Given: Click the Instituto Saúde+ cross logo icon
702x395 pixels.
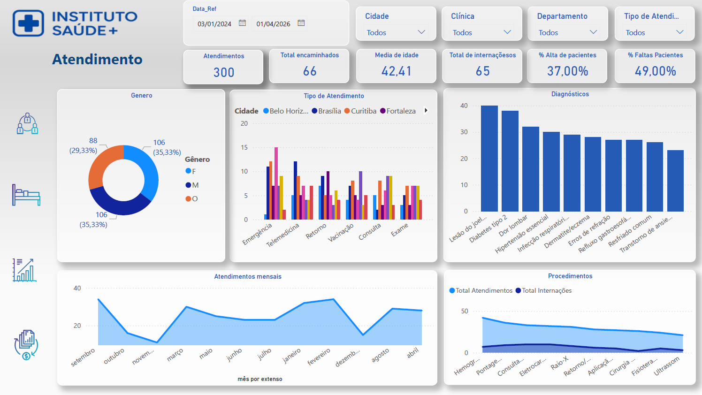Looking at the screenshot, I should pos(28,23).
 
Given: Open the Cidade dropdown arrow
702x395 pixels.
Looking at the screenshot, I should pos(421,32).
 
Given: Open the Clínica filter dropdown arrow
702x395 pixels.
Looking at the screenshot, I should pos(507,32).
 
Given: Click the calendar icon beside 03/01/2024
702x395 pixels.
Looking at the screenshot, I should pos(242,23).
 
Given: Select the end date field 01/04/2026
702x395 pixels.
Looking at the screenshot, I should pos(273,24).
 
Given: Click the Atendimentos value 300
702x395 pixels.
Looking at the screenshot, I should pos(224,72).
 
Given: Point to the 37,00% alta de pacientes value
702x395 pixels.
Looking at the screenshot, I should pos(567,71).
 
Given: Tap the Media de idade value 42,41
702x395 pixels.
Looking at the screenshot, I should pos(397,71).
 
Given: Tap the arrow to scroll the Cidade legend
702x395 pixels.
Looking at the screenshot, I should pos(426,111).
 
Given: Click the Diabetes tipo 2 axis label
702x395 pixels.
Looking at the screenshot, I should pos(488,229).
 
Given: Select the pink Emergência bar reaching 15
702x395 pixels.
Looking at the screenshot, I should pos(276,183).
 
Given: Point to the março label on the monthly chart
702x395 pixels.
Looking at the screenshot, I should pos(175,355).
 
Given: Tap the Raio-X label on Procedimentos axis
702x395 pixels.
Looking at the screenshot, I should pos(559,363).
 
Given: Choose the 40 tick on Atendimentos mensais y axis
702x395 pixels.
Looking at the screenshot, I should pos(77,288).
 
